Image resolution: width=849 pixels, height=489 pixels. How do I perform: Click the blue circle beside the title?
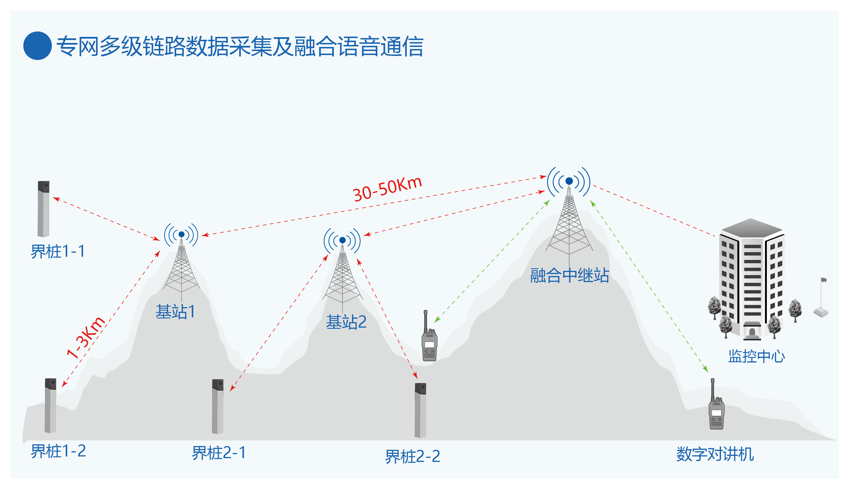[37, 46]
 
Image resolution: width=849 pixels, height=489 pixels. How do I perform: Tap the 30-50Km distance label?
[387, 189]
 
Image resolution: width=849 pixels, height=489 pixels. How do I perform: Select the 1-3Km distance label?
[86, 337]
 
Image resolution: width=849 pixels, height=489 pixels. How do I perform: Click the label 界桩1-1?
[58, 251]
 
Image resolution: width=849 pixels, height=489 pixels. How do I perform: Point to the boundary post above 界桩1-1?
[43, 209]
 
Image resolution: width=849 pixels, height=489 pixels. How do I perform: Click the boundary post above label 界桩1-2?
[50, 405]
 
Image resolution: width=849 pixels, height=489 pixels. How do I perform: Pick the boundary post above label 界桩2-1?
[218, 406]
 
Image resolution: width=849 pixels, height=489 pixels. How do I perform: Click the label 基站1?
[175, 311]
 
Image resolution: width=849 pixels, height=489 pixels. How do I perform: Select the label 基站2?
[346, 322]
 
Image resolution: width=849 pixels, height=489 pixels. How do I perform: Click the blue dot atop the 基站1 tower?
[181, 234]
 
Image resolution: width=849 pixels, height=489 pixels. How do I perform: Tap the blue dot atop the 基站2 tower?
[342, 240]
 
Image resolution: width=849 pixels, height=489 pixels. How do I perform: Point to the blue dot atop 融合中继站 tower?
[569, 181]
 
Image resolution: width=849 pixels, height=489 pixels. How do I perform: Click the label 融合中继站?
[569, 275]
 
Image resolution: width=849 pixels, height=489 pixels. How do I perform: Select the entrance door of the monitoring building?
[752, 333]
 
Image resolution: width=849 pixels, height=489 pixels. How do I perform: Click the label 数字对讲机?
[715, 454]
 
